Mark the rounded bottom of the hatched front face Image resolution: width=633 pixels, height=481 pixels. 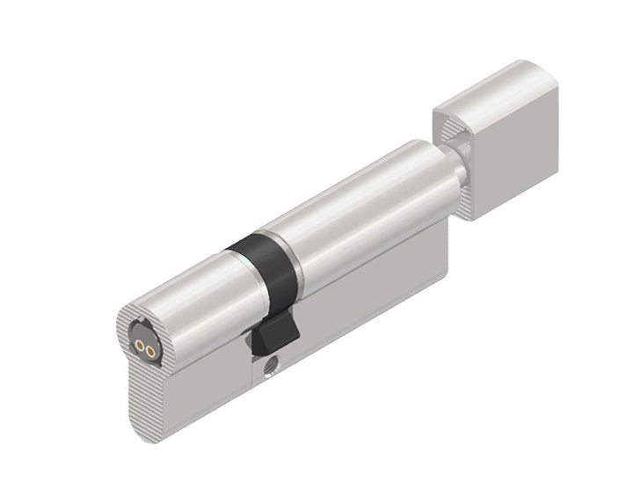[x=158, y=426]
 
